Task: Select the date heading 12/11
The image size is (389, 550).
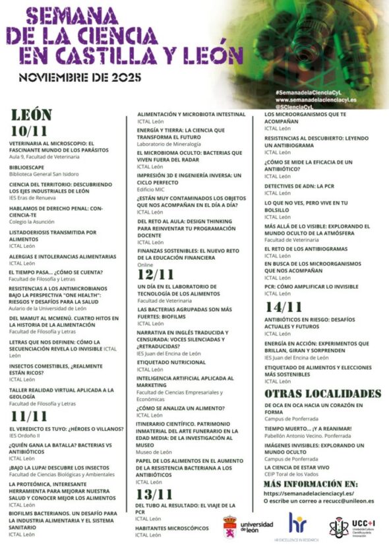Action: (x=156, y=274)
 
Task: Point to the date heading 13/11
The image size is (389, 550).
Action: (x=156, y=494)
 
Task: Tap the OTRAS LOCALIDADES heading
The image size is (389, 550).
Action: (x=322, y=394)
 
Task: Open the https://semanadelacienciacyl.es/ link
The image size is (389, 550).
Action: (x=309, y=493)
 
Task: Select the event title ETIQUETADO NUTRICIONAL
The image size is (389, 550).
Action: (x=171, y=362)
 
